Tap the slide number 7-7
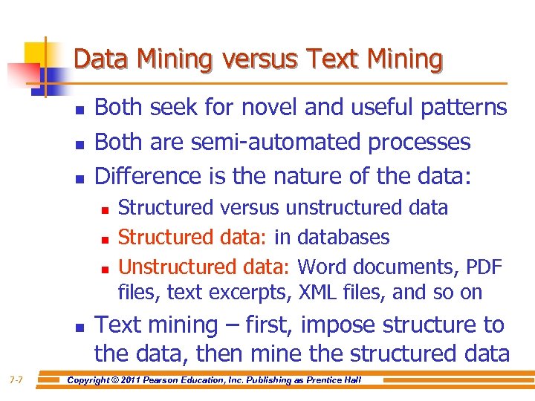[x=16, y=380]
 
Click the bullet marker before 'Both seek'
[x=80, y=110]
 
